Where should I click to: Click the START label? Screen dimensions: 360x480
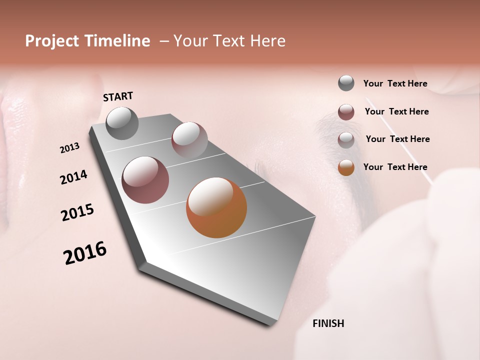(x=118, y=96)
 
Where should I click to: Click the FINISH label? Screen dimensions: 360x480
(x=328, y=323)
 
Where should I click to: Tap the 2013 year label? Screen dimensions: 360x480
(x=69, y=148)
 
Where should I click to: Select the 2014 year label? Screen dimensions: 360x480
(x=73, y=177)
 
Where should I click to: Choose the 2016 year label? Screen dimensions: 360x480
(x=85, y=253)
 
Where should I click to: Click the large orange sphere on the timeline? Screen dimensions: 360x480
(x=216, y=207)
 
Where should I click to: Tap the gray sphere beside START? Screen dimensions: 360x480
(x=122, y=123)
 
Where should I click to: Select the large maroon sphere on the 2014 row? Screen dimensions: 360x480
(x=145, y=180)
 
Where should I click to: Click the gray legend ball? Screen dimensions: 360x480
(x=346, y=83)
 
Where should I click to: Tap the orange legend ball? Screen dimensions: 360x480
(x=346, y=167)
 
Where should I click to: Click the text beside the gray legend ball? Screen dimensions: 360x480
(x=395, y=83)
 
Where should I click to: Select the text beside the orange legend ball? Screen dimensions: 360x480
(x=395, y=167)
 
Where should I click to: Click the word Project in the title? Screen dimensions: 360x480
(x=52, y=41)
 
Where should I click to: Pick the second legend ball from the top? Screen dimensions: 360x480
(x=346, y=112)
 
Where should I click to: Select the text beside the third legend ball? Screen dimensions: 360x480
(x=397, y=139)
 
